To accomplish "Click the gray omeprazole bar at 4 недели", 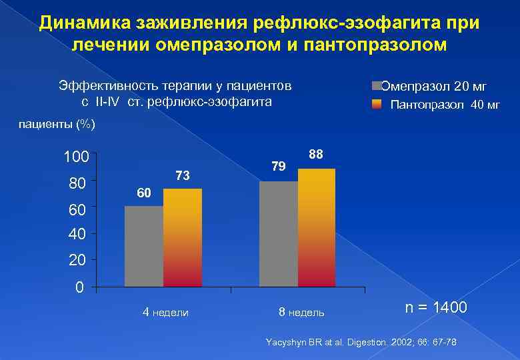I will coord(143,247).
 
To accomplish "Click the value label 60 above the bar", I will coord(143,193).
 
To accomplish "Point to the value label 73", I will coord(183,176).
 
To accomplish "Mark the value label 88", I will coord(316,155).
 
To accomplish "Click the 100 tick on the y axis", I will coord(75,158).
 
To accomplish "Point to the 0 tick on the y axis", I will coord(79,289).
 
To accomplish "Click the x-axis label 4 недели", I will coord(166,312).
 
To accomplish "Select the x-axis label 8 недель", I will coord(301,312).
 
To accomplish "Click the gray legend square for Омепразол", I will coord(377,86).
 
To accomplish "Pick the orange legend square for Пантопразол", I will coord(377,104).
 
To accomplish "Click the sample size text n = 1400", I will coord(437,308).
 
